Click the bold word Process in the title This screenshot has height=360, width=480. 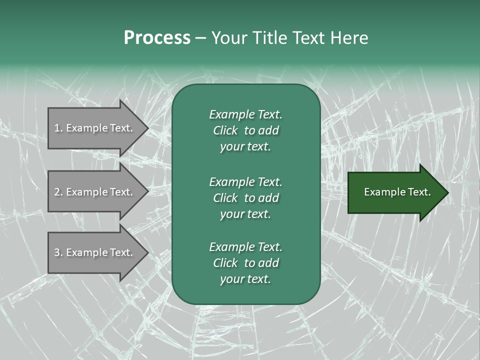(x=157, y=38)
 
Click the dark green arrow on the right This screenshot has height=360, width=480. (x=395, y=192)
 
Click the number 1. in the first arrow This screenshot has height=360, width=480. (x=58, y=128)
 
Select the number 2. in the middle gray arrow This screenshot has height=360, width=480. (x=58, y=192)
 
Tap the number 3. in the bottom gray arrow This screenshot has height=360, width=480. (x=58, y=252)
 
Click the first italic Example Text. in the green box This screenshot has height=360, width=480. (x=246, y=114)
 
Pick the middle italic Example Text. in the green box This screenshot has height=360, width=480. (x=246, y=181)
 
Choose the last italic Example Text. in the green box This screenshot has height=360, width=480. (x=246, y=247)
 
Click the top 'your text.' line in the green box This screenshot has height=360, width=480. (x=245, y=147)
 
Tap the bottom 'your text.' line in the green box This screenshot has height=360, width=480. (x=245, y=279)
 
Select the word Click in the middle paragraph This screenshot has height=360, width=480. (x=225, y=198)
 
